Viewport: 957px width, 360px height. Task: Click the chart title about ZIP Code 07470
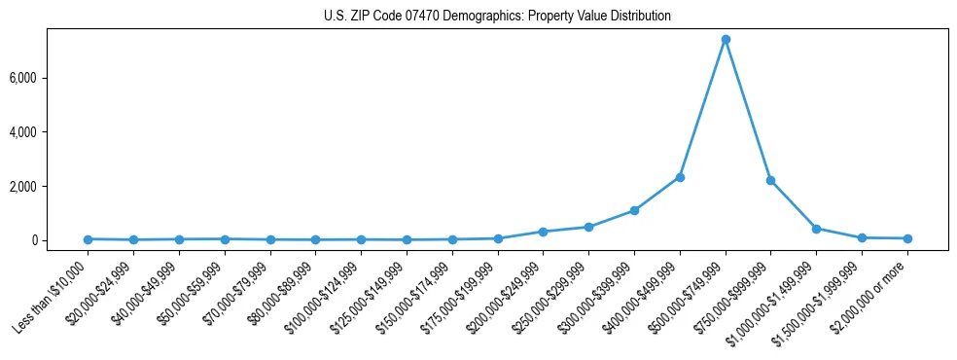pos(497,17)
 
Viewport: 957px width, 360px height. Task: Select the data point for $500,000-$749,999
pos(726,40)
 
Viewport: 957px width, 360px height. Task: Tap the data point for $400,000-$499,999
pos(680,177)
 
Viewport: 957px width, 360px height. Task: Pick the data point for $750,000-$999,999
pos(770,180)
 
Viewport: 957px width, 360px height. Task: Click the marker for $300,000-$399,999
pos(634,210)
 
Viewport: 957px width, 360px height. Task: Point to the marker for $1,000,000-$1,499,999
pos(816,229)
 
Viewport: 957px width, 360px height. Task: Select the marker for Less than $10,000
pos(88,239)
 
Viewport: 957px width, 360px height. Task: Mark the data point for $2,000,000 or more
pos(907,238)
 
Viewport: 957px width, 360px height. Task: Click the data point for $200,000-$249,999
pos(543,232)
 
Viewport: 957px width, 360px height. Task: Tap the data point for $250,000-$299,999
pos(588,227)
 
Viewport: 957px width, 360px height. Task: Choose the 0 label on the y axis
pos(60,240)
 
